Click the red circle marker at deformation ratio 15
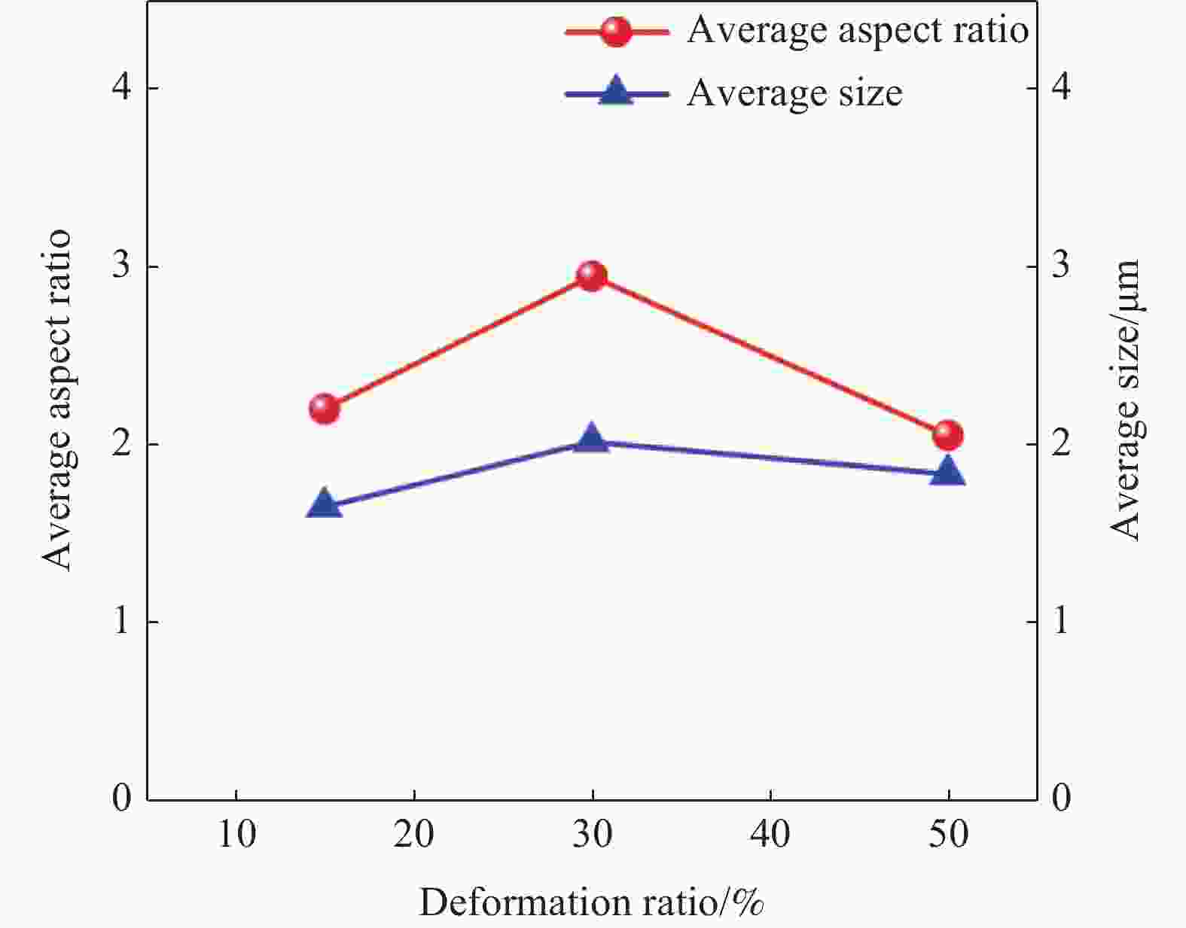(x=325, y=409)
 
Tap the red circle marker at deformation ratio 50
(x=948, y=435)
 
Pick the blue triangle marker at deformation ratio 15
(x=325, y=502)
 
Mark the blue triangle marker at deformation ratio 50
(x=948, y=470)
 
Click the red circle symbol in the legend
(x=616, y=31)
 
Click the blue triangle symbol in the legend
(x=616, y=90)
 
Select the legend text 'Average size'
(x=794, y=93)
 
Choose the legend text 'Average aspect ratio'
(x=858, y=31)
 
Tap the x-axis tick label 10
(x=237, y=833)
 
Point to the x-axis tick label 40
(x=770, y=833)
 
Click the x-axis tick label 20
(x=414, y=833)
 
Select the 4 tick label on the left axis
(x=121, y=87)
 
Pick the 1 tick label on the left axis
(x=122, y=621)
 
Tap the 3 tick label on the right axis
(x=1061, y=266)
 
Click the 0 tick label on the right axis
(x=1061, y=799)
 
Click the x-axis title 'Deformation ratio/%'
(x=592, y=902)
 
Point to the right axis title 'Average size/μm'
(x=1126, y=400)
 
